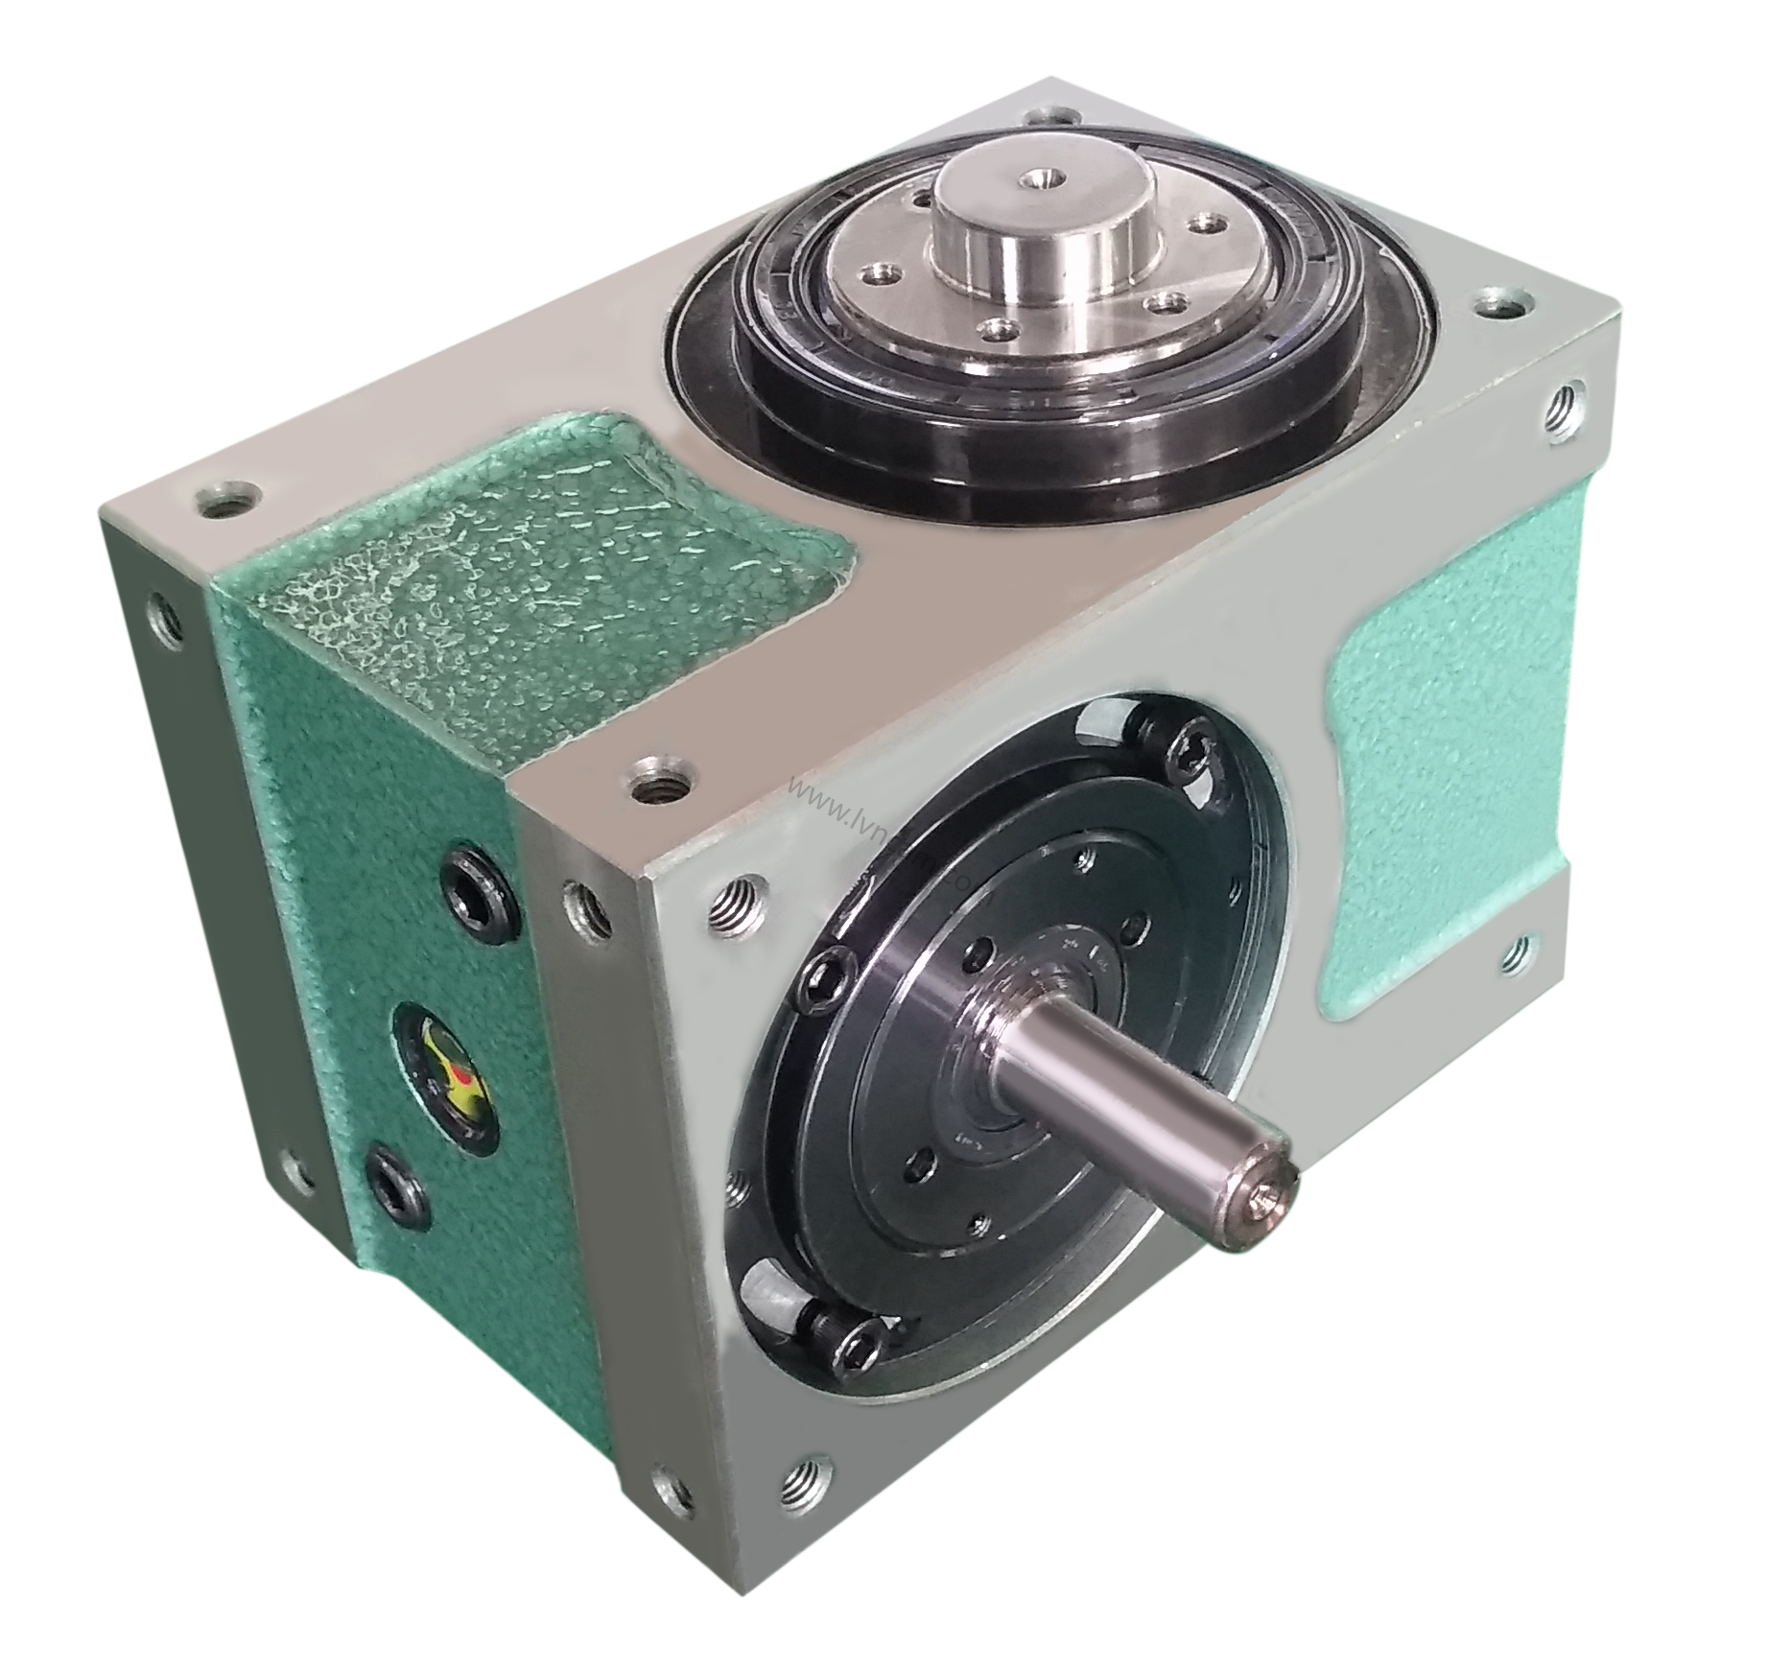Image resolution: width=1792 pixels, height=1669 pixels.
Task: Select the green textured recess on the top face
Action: [x=537, y=556]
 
